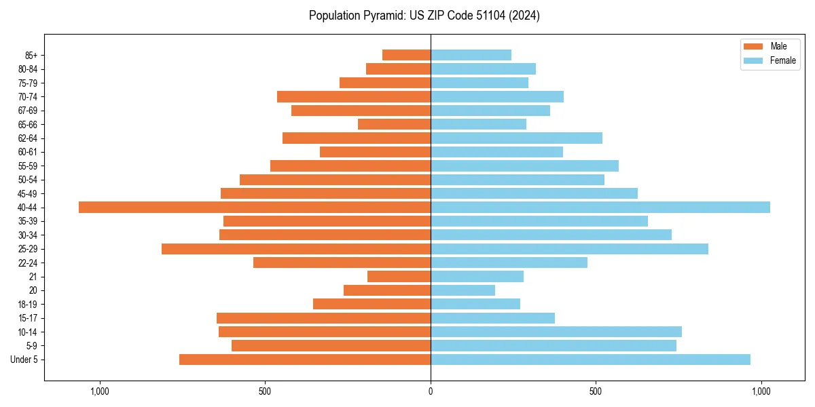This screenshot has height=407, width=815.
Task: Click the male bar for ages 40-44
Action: (255, 207)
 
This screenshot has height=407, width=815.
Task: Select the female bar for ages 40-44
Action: (600, 207)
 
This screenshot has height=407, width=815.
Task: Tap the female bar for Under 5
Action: (590, 360)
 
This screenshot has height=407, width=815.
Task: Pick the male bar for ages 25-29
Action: (296, 249)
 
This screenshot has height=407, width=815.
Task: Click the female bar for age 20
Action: (463, 290)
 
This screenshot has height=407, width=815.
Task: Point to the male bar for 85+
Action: (406, 55)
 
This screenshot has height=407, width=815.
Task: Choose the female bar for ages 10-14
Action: (556, 332)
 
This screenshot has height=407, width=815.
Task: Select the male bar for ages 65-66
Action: (394, 124)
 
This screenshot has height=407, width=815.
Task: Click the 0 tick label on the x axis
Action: (431, 391)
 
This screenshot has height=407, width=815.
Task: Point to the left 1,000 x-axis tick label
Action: (100, 391)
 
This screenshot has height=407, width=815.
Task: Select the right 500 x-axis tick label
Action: (596, 391)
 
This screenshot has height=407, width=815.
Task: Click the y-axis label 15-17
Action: (28, 318)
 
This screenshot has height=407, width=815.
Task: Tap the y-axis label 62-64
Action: (28, 138)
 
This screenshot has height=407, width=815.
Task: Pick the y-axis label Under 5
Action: (24, 360)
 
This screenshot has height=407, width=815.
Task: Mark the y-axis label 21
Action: (33, 277)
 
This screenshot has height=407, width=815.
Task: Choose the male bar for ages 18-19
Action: (372, 304)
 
